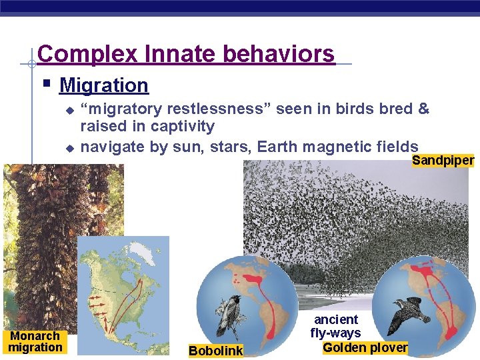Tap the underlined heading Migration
(x=103, y=85)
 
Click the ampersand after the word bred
(x=423, y=109)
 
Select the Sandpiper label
(x=443, y=160)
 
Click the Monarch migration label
(x=35, y=341)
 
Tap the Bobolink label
(x=215, y=351)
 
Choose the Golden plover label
(x=365, y=347)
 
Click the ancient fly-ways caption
(x=335, y=326)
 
